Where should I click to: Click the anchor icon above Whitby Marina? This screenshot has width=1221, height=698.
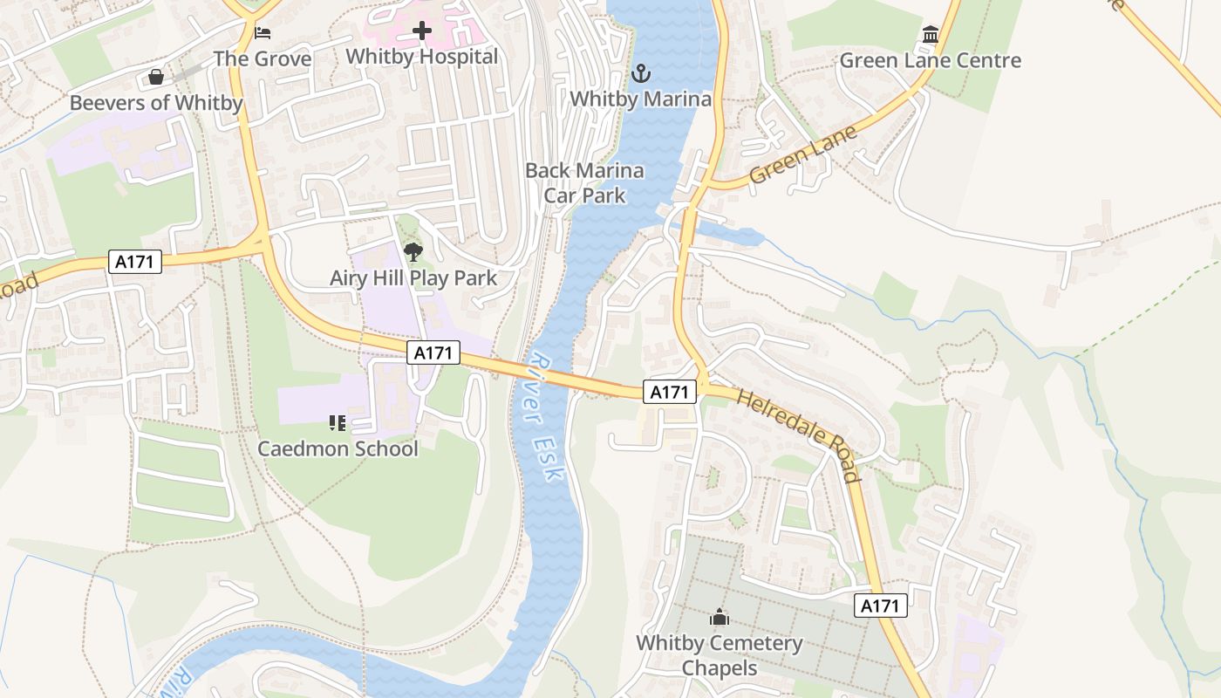tap(641, 73)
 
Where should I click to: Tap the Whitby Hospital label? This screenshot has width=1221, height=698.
tap(422, 57)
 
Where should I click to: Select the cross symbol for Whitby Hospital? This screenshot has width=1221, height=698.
tap(422, 31)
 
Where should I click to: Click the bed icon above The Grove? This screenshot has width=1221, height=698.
tap(263, 33)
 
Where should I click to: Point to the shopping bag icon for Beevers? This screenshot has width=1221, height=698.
tap(156, 78)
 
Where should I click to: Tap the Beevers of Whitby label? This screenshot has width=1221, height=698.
tap(156, 103)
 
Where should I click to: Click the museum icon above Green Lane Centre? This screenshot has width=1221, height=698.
tap(931, 36)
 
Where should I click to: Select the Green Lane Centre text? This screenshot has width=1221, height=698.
tap(931, 61)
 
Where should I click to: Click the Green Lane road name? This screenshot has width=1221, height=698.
tap(803, 154)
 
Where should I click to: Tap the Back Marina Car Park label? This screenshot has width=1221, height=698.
tap(584, 182)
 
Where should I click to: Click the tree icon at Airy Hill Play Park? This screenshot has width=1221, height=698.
tap(413, 253)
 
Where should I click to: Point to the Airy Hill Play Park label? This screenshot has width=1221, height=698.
tap(413, 278)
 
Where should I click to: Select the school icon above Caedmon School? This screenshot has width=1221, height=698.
tap(338, 423)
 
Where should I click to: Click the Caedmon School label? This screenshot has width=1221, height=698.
tap(338, 448)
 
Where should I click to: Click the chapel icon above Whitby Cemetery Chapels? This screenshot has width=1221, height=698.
tap(720, 618)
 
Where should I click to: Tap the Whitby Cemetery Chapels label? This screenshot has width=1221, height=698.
tap(720, 655)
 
